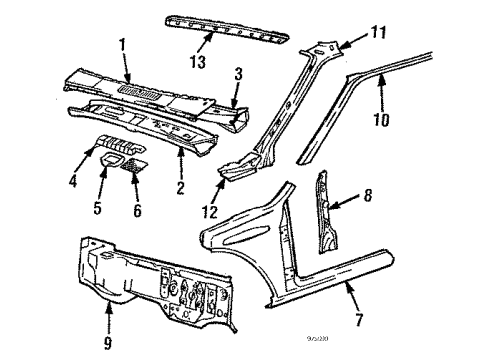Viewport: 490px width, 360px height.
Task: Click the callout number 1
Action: tap(121, 46)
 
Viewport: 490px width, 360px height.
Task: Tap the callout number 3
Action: tap(238, 74)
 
